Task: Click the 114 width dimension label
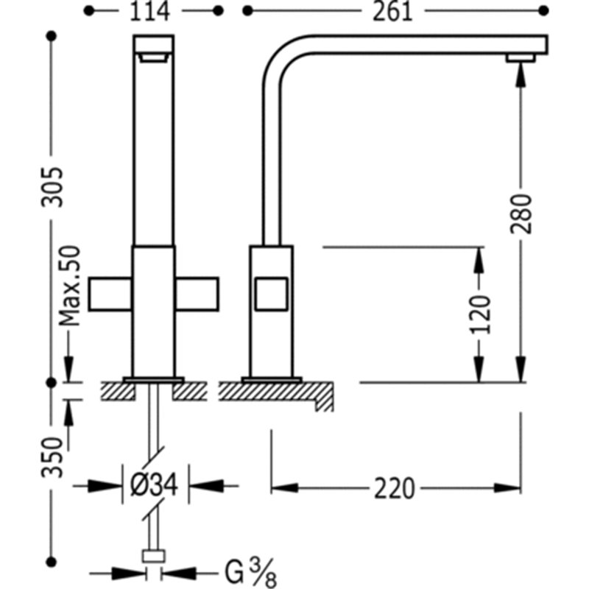(149, 12)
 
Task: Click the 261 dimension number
(392, 12)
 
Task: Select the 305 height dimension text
(52, 187)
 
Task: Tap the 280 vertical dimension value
(521, 214)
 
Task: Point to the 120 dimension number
(481, 314)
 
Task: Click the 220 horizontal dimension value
(395, 488)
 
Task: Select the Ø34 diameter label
(155, 485)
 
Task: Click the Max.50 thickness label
(70, 286)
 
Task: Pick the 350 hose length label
(52, 456)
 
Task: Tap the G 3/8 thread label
(250, 572)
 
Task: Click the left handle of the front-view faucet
(110, 294)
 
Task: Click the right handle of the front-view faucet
(197, 294)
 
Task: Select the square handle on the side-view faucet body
(272, 294)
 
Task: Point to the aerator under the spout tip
(521, 58)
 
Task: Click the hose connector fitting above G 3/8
(154, 556)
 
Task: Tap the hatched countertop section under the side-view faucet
(276, 395)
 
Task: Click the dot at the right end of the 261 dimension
(543, 11)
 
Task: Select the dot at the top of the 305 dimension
(52, 36)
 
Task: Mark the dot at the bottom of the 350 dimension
(52, 562)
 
